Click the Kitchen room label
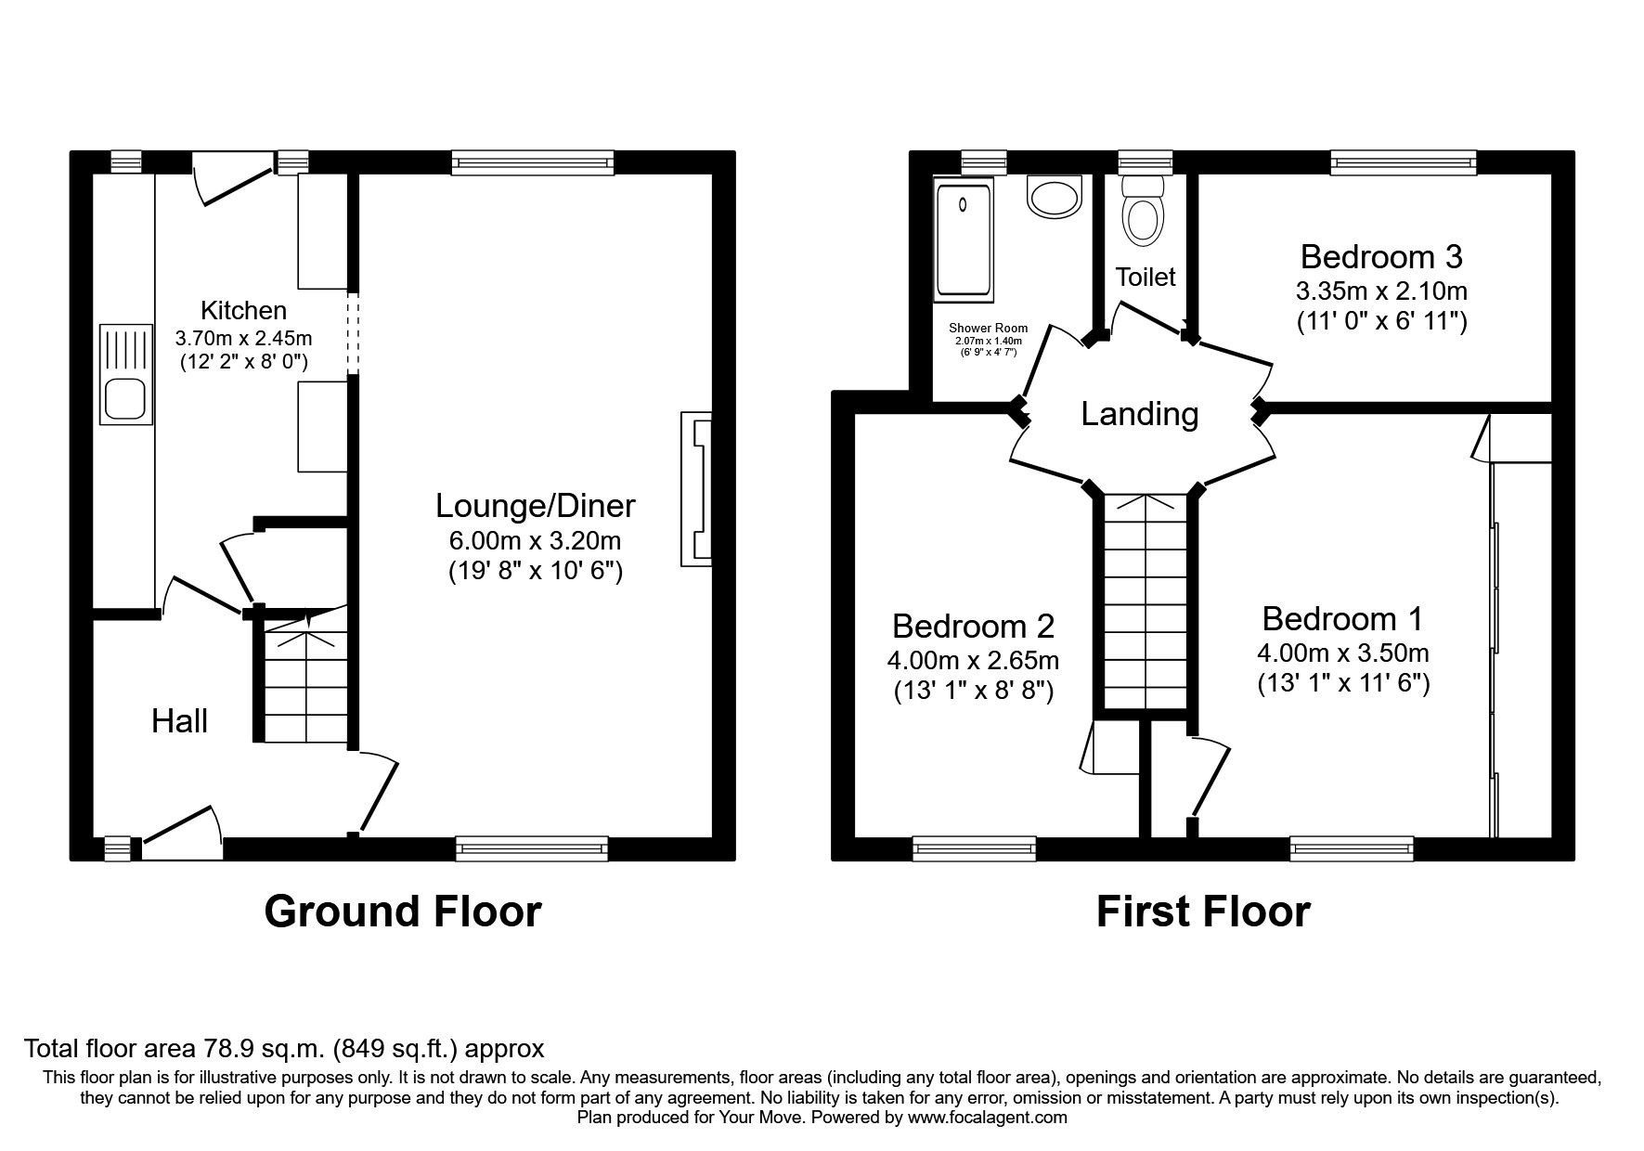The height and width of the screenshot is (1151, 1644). tap(243, 310)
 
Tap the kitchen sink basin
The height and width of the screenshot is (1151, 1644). tap(125, 399)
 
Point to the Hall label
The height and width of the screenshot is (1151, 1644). tap(179, 721)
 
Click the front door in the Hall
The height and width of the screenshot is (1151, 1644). tap(182, 829)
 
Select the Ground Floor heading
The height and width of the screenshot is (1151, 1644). tap(402, 912)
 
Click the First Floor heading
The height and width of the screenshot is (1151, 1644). tap(1202, 912)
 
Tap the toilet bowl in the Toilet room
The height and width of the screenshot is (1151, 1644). tap(1142, 220)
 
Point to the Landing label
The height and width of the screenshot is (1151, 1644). tap(1139, 414)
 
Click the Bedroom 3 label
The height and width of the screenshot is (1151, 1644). tap(1380, 256)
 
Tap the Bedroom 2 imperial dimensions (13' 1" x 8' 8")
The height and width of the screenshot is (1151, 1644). tap(973, 692)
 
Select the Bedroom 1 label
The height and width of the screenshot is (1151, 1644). tap(1341, 619)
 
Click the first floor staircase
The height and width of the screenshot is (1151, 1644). tap(1146, 603)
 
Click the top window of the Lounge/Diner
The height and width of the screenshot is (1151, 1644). tap(533, 164)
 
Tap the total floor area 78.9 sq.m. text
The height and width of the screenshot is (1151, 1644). tap(283, 1049)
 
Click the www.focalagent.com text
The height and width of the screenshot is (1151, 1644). tap(987, 1118)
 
